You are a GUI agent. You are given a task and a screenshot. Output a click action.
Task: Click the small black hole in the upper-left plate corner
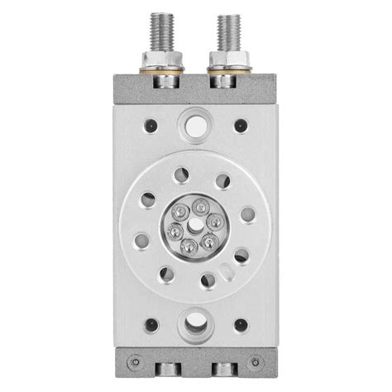pyautogui.click(x=151, y=125)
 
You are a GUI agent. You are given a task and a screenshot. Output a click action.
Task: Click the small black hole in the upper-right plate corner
pyautogui.click(x=241, y=125)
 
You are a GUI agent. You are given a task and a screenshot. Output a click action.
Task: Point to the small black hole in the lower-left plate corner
pyautogui.click(x=151, y=325)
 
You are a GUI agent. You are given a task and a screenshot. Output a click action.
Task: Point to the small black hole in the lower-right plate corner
pyautogui.click(x=241, y=325)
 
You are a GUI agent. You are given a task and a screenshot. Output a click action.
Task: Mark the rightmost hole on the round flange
pyautogui.click(x=246, y=214)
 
